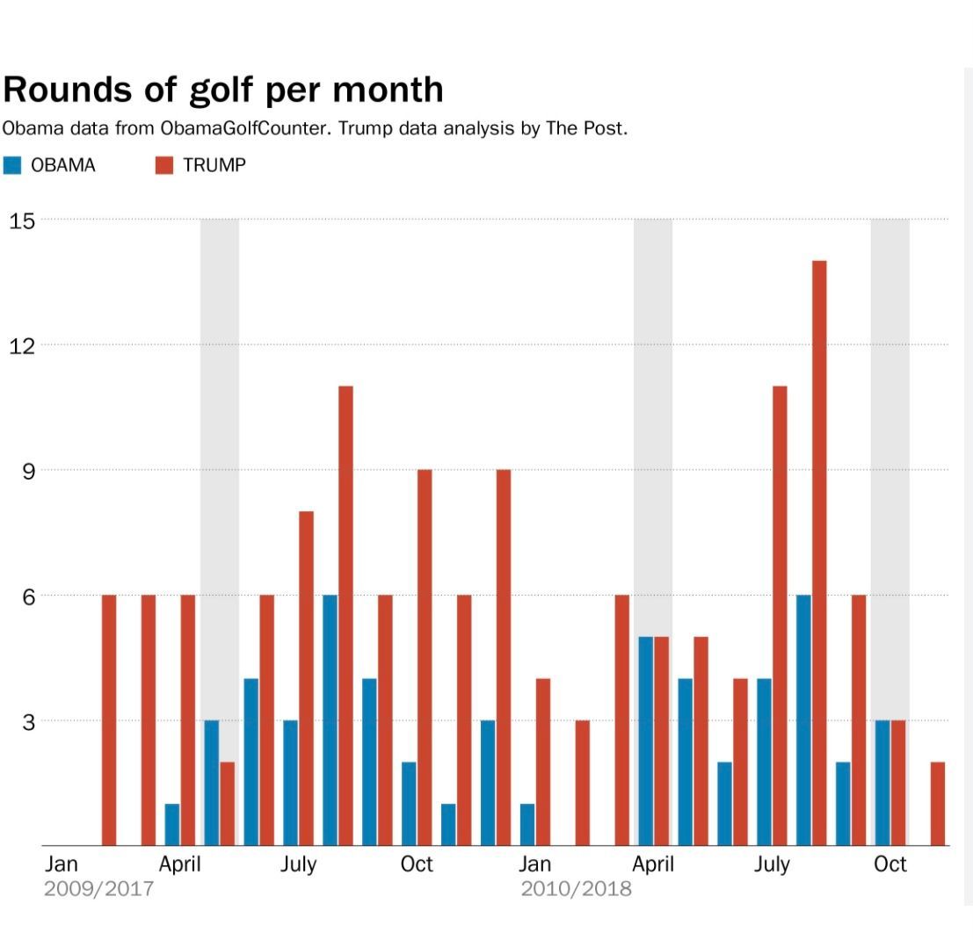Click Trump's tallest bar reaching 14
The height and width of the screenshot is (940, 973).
click(x=819, y=553)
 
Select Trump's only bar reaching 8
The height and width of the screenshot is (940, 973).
click(x=306, y=678)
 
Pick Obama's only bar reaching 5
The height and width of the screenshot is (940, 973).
click(x=645, y=741)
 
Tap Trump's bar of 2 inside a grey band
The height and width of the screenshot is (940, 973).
click(x=227, y=804)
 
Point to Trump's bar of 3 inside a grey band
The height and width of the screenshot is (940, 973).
click(x=898, y=783)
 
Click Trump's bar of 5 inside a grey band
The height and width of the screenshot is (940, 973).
click(x=661, y=741)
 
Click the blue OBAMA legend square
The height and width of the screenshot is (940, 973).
click(x=12, y=164)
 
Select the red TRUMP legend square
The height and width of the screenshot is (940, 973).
click(x=164, y=164)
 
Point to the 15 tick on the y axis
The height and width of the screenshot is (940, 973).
click(x=22, y=220)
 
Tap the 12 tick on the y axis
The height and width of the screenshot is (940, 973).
click(x=22, y=344)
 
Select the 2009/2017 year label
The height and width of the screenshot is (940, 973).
click(x=98, y=888)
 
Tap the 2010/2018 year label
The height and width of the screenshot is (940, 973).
click(x=576, y=888)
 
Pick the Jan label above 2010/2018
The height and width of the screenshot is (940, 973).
click(x=534, y=864)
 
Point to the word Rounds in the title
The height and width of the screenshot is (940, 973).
click(x=66, y=90)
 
